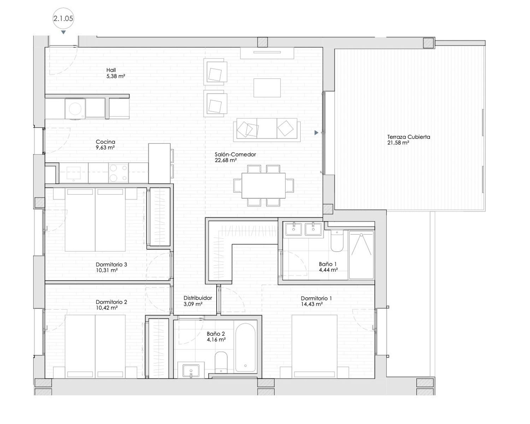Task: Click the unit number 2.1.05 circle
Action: click(x=63, y=18)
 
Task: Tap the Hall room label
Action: click(x=111, y=70)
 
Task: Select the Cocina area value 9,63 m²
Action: click(x=105, y=148)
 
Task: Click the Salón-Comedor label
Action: click(x=235, y=154)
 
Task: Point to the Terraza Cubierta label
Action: click(x=408, y=137)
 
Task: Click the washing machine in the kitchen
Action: click(x=75, y=108)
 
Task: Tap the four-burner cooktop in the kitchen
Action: click(x=118, y=172)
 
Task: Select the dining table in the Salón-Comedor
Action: click(x=264, y=185)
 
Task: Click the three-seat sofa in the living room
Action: click(x=267, y=130)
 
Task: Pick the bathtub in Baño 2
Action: click(x=245, y=348)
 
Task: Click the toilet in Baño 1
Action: click(x=337, y=241)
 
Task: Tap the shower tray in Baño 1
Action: click(x=361, y=255)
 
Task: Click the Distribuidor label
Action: click(x=198, y=298)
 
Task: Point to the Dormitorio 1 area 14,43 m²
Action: click(x=312, y=304)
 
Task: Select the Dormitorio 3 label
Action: click(x=111, y=265)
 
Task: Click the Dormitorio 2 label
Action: click(x=111, y=302)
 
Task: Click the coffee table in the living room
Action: click(x=267, y=88)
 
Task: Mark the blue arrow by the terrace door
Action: click(x=317, y=133)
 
